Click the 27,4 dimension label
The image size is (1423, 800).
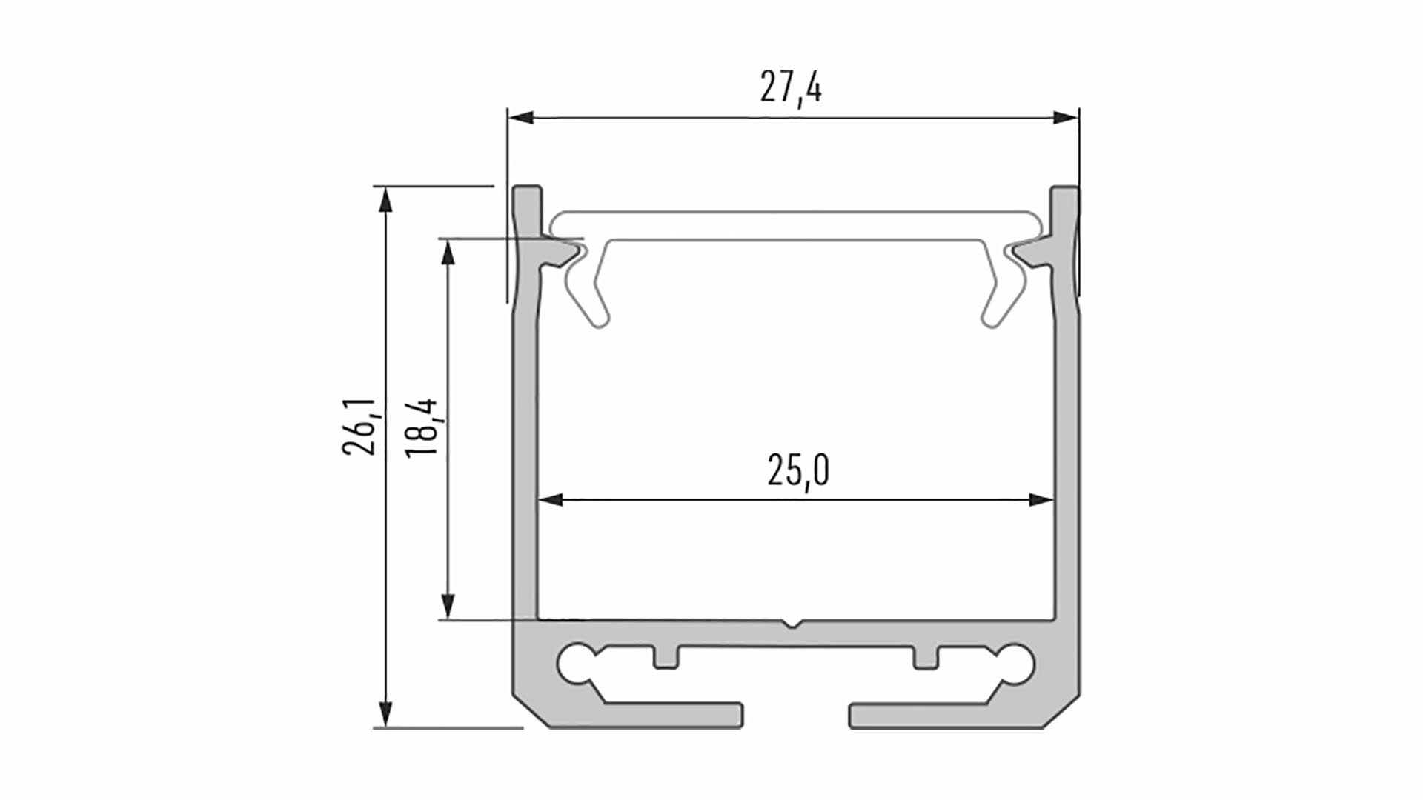[x=791, y=89]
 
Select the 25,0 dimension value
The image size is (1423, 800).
[x=798, y=470]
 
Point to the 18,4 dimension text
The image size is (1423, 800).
[x=422, y=429]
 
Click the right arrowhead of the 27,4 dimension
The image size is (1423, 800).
[x=1066, y=118]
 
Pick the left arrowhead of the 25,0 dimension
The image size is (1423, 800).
[x=550, y=500]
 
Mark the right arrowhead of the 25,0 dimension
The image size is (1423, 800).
[x=1041, y=500]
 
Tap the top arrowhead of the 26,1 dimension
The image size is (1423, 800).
[x=384, y=200]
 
